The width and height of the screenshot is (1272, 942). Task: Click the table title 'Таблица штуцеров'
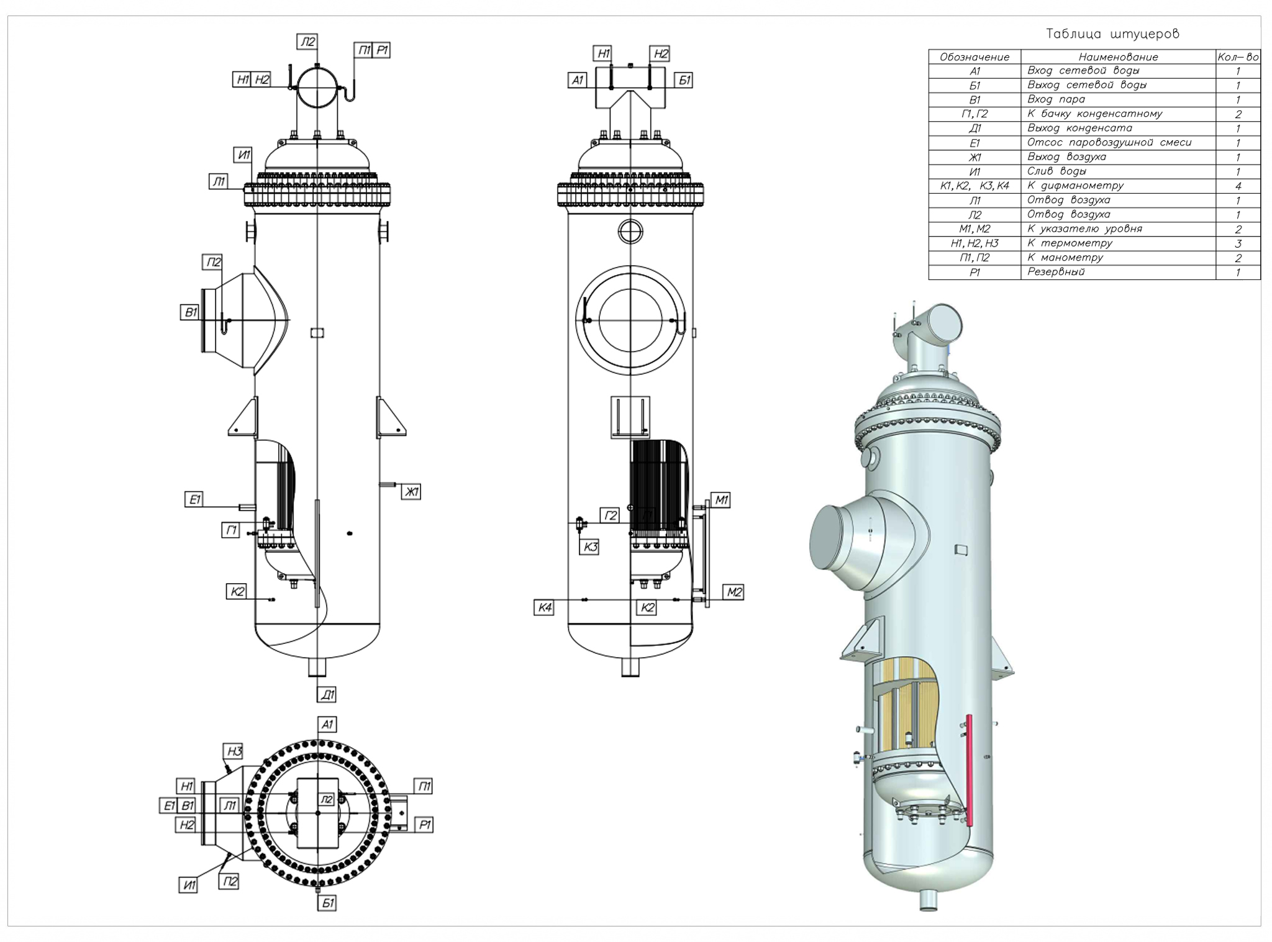(x=1112, y=34)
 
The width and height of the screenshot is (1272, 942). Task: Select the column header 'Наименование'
(x=1118, y=57)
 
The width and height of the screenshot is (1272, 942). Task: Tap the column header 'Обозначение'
(x=974, y=57)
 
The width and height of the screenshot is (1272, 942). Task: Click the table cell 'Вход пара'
(x=1056, y=99)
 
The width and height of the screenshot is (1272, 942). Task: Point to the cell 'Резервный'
(x=1056, y=272)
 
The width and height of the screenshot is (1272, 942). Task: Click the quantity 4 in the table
(x=1238, y=186)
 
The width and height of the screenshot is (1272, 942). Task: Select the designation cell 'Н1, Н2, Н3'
(x=974, y=243)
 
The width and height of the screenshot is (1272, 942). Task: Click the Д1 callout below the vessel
(x=327, y=694)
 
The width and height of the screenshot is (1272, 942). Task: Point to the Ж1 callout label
(x=411, y=492)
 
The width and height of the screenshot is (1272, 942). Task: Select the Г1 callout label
(x=231, y=530)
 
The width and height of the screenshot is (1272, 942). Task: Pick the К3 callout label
(x=590, y=546)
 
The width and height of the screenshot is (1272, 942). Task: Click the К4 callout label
(x=544, y=607)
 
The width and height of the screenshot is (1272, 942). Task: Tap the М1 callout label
(x=720, y=500)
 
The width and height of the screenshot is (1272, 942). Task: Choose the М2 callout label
(x=734, y=592)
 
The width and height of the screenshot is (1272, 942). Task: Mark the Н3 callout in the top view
(x=234, y=751)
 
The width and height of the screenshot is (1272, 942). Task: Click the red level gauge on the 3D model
(x=968, y=770)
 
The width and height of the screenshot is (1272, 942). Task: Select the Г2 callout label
(x=610, y=515)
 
